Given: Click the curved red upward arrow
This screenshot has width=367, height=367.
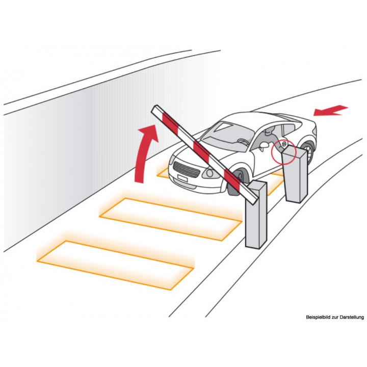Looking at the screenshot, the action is [143, 152].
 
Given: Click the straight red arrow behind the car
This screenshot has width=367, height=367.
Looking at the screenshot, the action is [330, 110].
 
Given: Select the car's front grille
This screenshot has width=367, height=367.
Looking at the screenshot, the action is [187, 170].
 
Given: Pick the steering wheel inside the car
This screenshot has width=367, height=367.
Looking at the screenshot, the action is [243, 142].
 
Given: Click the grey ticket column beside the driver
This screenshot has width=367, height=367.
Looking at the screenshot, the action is [295, 174].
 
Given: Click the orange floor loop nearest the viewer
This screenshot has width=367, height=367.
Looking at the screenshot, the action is [115, 265].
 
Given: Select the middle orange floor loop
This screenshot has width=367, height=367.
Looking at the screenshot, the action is [170, 219].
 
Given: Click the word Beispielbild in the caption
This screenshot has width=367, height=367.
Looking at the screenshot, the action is [316, 318].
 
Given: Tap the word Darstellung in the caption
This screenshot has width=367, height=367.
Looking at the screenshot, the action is [352, 317].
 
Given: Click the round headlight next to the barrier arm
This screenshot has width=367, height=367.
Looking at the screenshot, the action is [210, 173].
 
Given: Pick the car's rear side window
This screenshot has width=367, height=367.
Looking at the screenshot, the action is [290, 130].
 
